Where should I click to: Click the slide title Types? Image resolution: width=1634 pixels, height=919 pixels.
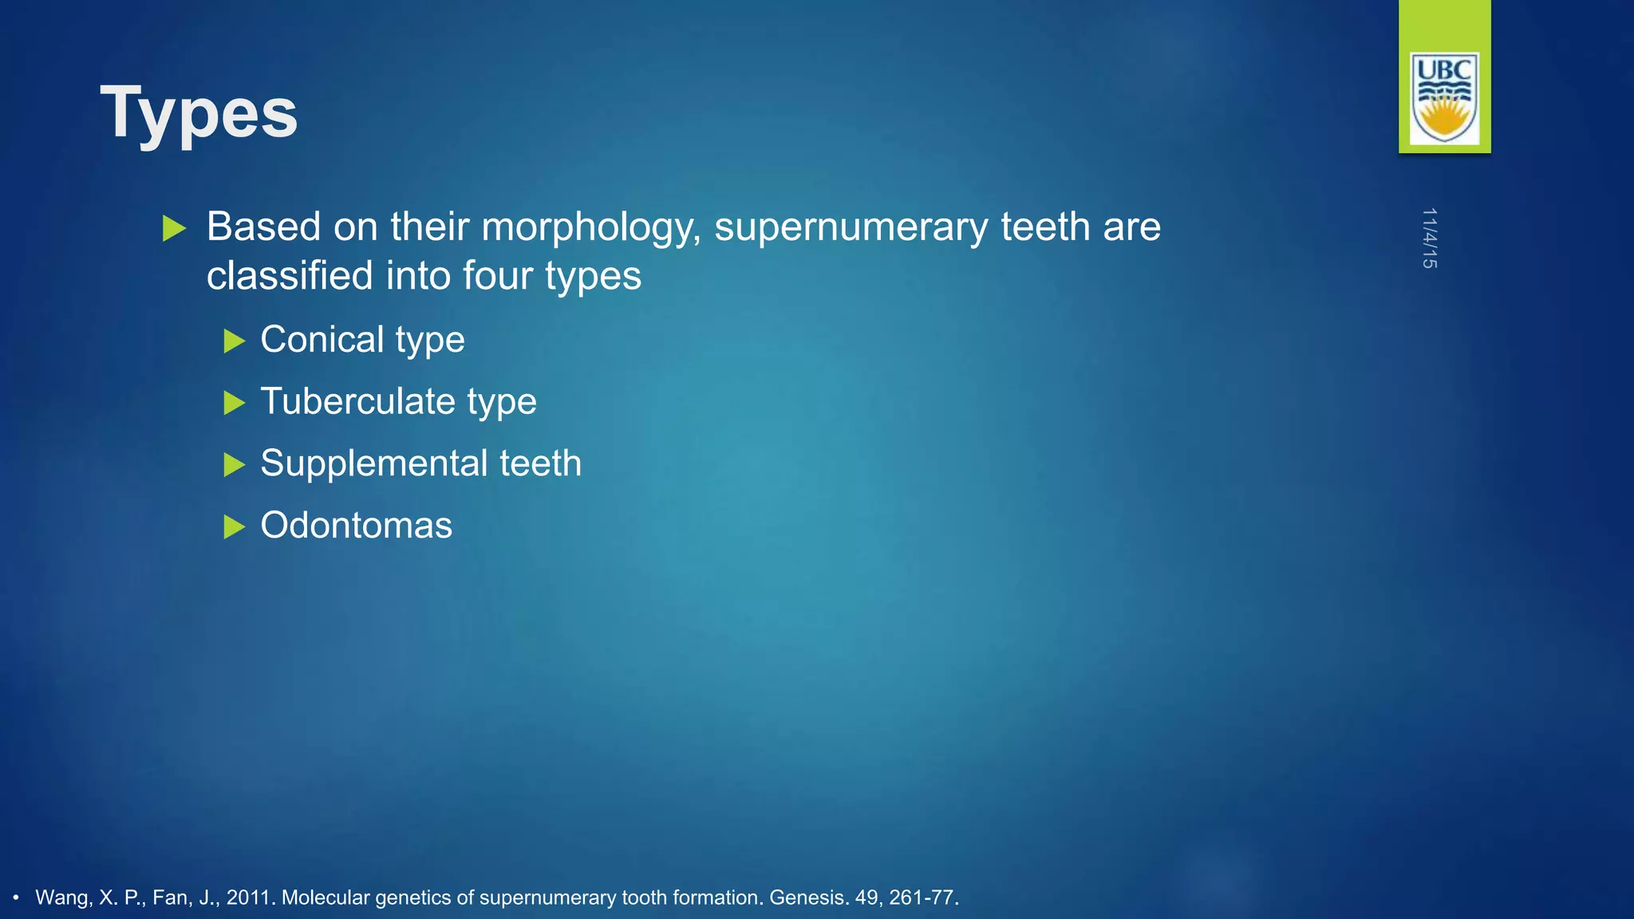199,113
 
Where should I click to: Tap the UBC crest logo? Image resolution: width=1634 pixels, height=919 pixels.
1444,97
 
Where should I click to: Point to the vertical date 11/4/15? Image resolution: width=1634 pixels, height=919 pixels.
1429,238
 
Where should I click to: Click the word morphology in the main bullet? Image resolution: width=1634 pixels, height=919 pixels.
590,227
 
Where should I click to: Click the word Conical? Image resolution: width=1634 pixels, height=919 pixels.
322,340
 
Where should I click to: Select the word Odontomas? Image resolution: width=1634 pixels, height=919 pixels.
357,526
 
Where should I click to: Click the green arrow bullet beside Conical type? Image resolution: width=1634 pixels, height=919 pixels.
234,341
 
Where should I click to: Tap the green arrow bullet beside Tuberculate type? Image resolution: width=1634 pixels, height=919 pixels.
234,403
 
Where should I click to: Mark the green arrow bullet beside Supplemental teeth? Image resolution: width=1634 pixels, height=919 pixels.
234,464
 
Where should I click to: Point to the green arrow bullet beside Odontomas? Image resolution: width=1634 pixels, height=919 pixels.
234,527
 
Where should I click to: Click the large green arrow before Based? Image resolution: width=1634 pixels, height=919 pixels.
174,228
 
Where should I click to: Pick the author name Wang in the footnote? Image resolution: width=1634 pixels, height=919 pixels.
63,897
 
